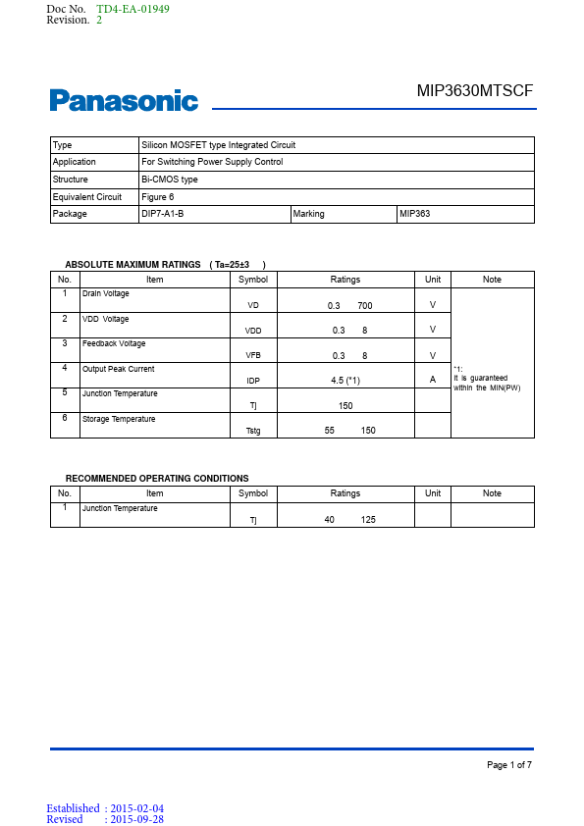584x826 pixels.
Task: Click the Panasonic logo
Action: tap(124, 101)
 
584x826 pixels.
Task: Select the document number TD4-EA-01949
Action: tap(133, 9)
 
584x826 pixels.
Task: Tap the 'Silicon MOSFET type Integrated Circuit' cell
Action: tap(218, 145)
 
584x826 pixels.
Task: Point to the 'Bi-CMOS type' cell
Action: tap(170, 180)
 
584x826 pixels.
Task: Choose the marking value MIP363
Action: tap(415, 214)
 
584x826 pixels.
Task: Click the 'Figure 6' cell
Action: tap(158, 197)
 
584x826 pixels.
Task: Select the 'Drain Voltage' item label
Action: tap(105, 293)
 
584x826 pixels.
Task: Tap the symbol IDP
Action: tap(253, 380)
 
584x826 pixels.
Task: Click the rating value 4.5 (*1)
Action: tap(345, 380)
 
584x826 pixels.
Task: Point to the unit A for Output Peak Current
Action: tap(433, 380)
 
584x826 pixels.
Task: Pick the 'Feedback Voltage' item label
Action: tap(114, 343)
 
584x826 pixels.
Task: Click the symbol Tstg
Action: tap(253, 430)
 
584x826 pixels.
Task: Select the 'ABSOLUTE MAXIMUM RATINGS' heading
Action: tap(132, 265)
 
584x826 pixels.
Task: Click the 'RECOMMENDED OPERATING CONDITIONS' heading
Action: tap(157, 479)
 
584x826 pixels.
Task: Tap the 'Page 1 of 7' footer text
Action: tap(509, 764)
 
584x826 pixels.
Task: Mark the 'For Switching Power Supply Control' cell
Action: tap(212, 162)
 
